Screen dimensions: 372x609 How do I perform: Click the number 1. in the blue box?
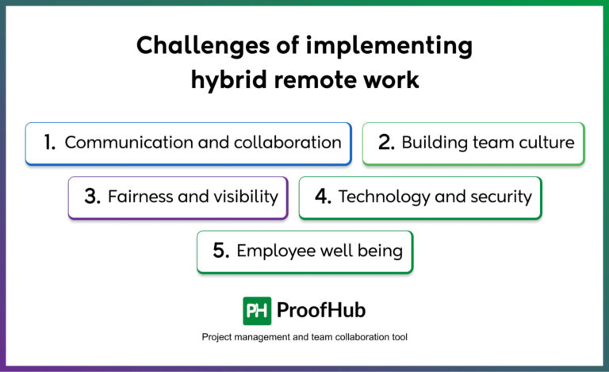(x=49, y=143)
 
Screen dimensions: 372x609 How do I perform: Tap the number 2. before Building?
(x=386, y=143)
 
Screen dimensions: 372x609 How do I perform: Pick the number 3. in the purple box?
(x=92, y=197)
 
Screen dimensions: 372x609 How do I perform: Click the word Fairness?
(x=140, y=197)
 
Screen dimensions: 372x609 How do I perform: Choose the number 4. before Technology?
(x=322, y=197)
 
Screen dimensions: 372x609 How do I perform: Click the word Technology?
(x=378, y=197)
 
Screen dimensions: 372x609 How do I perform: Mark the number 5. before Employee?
(x=220, y=251)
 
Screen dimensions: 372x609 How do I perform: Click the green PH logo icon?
(x=257, y=310)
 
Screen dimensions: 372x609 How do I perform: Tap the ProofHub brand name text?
(x=321, y=310)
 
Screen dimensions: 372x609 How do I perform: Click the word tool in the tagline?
(x=397, y=337)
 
